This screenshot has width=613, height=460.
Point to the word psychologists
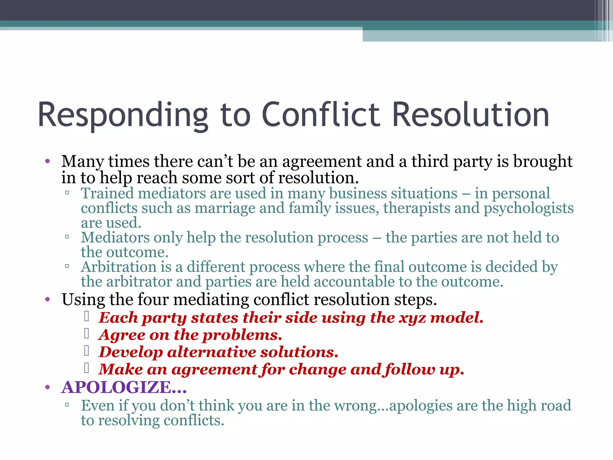(529, 208)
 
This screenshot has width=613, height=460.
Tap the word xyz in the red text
(412, 318)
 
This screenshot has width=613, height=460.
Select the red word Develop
(131, 352)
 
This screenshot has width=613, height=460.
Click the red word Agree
(122, 335)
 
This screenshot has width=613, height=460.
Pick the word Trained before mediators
(107, 193)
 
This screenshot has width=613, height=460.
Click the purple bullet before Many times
(47, 162)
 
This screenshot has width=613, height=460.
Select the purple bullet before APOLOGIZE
(47, 388)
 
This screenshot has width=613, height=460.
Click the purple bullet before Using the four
(47, 299)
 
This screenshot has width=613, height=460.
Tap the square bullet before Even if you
(67, 405)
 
